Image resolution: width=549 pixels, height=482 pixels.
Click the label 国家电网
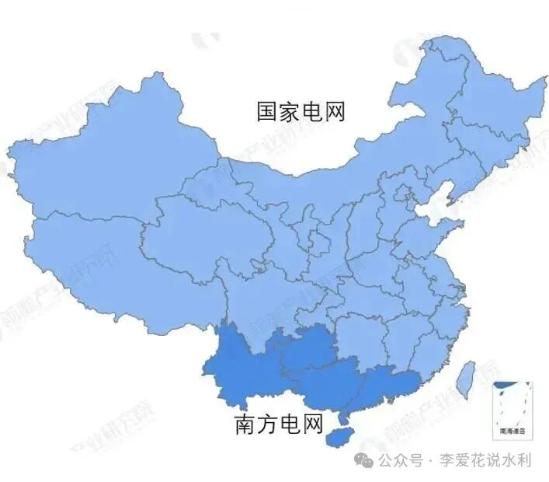pyautogui.click(x=301, y=112)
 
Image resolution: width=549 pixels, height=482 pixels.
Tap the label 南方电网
pyautogui.click(x=278, y=424)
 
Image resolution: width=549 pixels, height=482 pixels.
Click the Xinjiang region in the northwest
pyautogui.click(x=101, y=163)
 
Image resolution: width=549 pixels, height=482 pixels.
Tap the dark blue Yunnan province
pyautogui.click(x=237, y=365)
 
